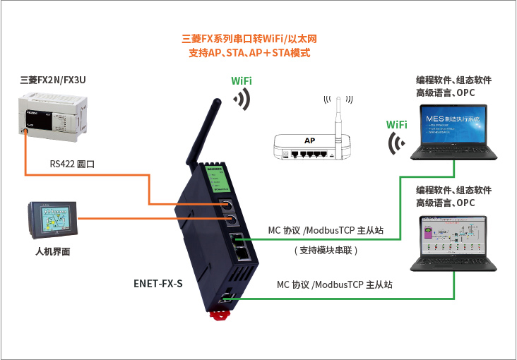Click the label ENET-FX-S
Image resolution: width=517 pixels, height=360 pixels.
[x=158, y=284]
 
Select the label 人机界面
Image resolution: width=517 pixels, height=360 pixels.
[x=52, y=251]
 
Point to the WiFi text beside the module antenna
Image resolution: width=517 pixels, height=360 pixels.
[x=242, y=81]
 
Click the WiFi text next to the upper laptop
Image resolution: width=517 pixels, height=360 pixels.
[x=396, y=125]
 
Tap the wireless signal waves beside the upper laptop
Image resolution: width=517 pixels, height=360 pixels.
[x=397, y=143]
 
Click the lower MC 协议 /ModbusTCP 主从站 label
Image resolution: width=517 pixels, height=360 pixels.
[x=334, y=284]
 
